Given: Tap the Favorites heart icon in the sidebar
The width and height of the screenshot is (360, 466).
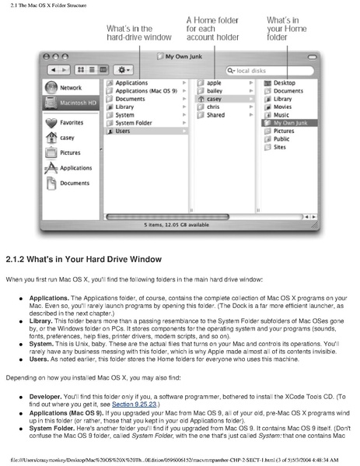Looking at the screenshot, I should click(x=51, y=122).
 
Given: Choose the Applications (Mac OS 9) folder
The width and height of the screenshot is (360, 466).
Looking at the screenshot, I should click(x=145, y=90).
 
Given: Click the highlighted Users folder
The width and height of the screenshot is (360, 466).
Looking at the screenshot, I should click(x=124, y=131).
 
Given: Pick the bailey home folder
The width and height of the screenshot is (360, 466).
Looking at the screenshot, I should click(x=215, y=90).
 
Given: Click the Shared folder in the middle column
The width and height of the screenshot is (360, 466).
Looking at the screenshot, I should click(x=215, y=114).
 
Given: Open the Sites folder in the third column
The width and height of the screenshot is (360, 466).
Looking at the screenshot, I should click(x=279, y=147).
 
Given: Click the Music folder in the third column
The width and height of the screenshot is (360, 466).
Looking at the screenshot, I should click(x=281, y=114).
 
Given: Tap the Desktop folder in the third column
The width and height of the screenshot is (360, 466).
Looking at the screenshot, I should click(x=284, y=82).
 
